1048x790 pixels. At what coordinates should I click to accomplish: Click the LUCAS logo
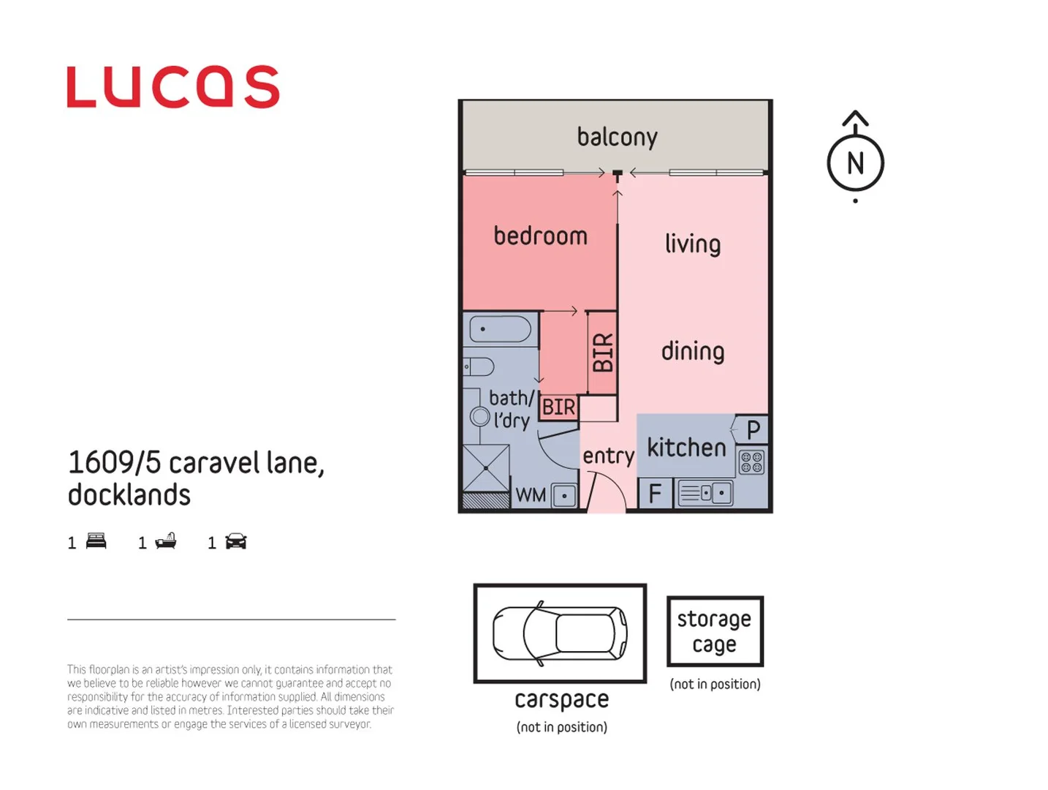pyautogui.click(x=173, y=87)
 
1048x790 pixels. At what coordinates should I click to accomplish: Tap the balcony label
pyautogui.click(x=617, y=137)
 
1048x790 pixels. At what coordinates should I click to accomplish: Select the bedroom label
pyautogui.click(x=540, y=236)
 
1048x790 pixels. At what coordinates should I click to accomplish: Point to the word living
pyautogui.click(x=692, y=244)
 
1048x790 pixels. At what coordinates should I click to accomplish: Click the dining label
pyautogui.click(x=692, y=351)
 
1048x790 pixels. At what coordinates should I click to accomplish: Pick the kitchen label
pyautogui.click(x=686, y=447)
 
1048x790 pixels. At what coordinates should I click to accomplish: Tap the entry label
pyautogui.click(x=608, y=456)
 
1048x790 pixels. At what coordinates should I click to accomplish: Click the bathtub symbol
pyautogui.click(x=501, y=329)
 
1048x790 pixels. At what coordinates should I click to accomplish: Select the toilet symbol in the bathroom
pyautogui.click(x=479, y=366)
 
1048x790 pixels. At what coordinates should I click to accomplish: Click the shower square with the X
pyautogui.click(x=486, y=467)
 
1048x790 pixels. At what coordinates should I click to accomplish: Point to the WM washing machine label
pyautogui.click(x=531, y=495)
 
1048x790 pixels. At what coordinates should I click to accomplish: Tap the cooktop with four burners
pyautogui.click(x=751, y=462)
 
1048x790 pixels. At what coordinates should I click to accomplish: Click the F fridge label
pyautogui.click(x=655, y=494)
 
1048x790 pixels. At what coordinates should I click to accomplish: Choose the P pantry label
pyautogui.click(x=753, y=429)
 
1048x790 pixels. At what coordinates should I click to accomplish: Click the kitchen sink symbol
pyautogui.click(x=705, y=493)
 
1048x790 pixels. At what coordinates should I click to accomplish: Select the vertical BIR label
pyautogui.click(x=603, y=352)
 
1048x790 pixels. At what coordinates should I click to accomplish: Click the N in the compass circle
pyautogui.click(x=855, y=163)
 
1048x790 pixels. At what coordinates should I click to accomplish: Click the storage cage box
pyautogui.click(x=715, y=631)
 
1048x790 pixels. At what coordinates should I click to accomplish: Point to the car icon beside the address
pyautogui.click(x=235, y=541)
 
